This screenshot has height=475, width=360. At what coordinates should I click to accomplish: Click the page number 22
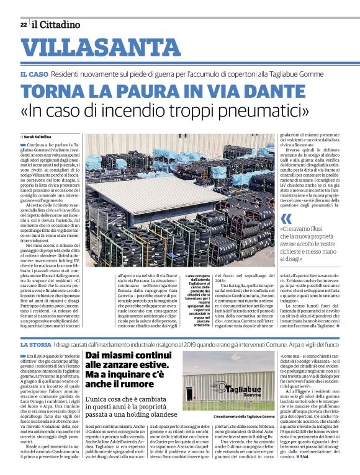(23, 25)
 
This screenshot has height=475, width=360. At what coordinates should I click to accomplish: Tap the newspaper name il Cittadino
(56, 25)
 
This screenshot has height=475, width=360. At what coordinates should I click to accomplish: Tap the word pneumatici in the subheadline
(266, 113)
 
